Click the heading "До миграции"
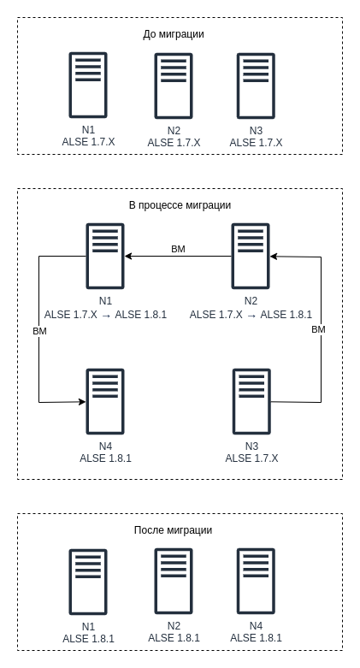click(x=174, y=34)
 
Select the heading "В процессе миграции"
click(x=180, y=205)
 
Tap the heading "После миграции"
click(x=173, y=530)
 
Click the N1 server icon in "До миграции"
click(x=88, y=85)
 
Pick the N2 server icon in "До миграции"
click(x=174, y=86)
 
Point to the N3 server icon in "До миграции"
click(x=256, y=86)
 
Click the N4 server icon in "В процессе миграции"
click(x=105, y=401)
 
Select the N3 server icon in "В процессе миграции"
click(x=251, y=401)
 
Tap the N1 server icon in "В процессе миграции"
click(x=105, y=256)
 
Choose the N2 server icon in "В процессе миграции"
click(x=251, y=256)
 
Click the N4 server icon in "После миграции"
click(x=256, y=582)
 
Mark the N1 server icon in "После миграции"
click(x=88, y=582)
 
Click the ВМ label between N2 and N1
click(x=178, y=249)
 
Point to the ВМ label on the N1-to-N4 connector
click(x=39, y=331)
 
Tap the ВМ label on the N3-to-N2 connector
click(x=318, y=329)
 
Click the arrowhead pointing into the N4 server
click(x=82, y=401)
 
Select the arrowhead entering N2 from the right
click(x=274, y=257)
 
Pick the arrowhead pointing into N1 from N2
click(x=128, y=256)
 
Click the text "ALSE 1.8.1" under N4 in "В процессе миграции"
click(x=105, y=458)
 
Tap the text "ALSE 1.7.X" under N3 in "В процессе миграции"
click(x=251, y=458)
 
